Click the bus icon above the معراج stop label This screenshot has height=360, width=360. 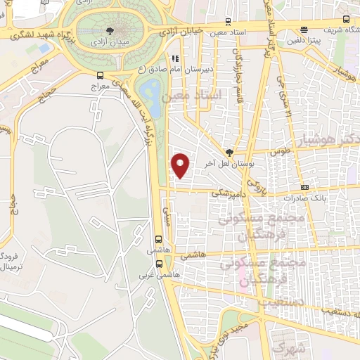[x=101, y=75]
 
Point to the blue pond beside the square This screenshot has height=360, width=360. [x=149, y=91]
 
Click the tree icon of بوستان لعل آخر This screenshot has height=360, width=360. [x=229, y=152]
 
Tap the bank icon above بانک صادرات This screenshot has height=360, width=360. [x=304, y=187]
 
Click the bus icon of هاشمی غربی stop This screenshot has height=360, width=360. [x=159, y=264]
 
